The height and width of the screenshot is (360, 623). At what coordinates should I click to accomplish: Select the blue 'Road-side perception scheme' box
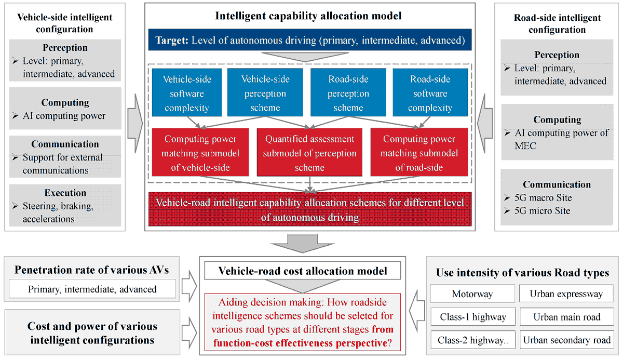(348, 94)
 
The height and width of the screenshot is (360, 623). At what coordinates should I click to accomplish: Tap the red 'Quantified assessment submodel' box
(309, 153)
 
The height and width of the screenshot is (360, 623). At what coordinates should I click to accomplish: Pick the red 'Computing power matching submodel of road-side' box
(419, 153)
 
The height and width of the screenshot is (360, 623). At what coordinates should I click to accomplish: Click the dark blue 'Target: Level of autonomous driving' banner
(310, 40)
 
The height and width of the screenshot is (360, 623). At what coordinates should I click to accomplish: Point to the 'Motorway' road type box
(472, 294)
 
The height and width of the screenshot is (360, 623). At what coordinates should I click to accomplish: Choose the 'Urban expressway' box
(566, 294)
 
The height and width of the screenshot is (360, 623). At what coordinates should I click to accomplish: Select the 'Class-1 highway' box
(472, 317)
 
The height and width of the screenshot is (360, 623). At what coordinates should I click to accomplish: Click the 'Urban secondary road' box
(566, 340)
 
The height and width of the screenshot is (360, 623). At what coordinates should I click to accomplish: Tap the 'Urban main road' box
(566, 317)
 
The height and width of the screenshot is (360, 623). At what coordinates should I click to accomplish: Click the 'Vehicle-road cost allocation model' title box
(303, 271)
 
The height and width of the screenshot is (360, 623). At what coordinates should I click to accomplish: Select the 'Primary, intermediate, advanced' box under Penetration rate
(92, 289)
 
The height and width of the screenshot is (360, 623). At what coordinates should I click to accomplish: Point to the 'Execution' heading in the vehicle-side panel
(65, 192)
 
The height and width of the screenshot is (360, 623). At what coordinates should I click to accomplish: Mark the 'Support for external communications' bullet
(62, 164)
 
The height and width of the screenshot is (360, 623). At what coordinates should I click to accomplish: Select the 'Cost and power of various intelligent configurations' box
(92, 334)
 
